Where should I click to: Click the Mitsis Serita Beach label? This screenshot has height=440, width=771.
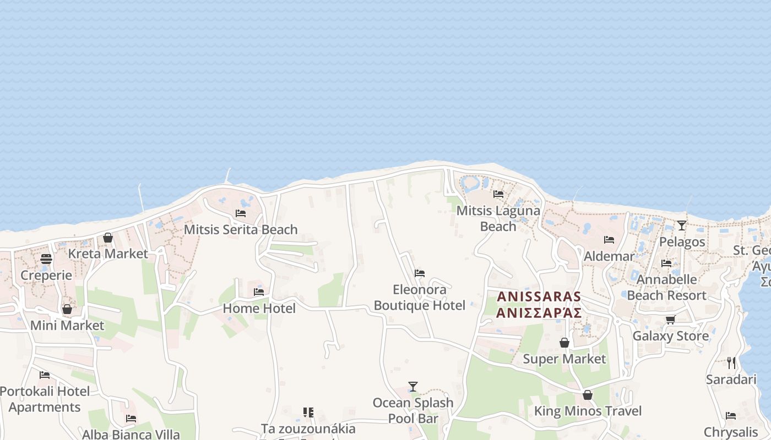click(x=240, y=229)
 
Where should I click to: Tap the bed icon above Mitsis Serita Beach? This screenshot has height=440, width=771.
click(x=240, y=213)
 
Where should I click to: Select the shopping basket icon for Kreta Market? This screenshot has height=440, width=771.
click(x=108, y=238)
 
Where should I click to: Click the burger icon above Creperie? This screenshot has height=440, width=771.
click(x=46, y=259)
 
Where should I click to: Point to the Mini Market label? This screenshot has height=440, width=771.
click(x=67, y=325)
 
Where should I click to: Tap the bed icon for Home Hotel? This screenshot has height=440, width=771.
click(x=259, y=291)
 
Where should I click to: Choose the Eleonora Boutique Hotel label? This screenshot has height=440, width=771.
click(x=420, y=297)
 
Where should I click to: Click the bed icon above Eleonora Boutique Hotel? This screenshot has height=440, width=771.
click(x=420, y=273)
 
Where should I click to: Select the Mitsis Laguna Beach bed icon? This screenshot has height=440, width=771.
click(x=498, y=194)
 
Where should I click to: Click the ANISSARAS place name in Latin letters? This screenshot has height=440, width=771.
click(x=539, y=296)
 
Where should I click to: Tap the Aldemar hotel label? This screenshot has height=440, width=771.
click(x=609, y=256)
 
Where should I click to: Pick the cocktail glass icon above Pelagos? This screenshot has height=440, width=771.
click(x=682, y=225)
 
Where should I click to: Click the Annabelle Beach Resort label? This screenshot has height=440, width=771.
click(x=666, y=287)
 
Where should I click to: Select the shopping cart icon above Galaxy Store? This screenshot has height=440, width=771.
click(x=670, y=320)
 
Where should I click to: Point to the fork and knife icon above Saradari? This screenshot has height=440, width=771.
click(x=731, y=363)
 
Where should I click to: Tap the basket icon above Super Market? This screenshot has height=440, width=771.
click(x=564, y=343)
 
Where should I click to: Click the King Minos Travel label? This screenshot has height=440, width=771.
click(x=588, y=411)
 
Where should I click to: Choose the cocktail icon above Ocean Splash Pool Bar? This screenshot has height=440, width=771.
click(x=413, y=386)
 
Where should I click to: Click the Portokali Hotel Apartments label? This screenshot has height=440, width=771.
click(x=45, y=399)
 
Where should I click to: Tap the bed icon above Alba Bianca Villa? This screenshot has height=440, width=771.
click(x=131, y=418)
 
